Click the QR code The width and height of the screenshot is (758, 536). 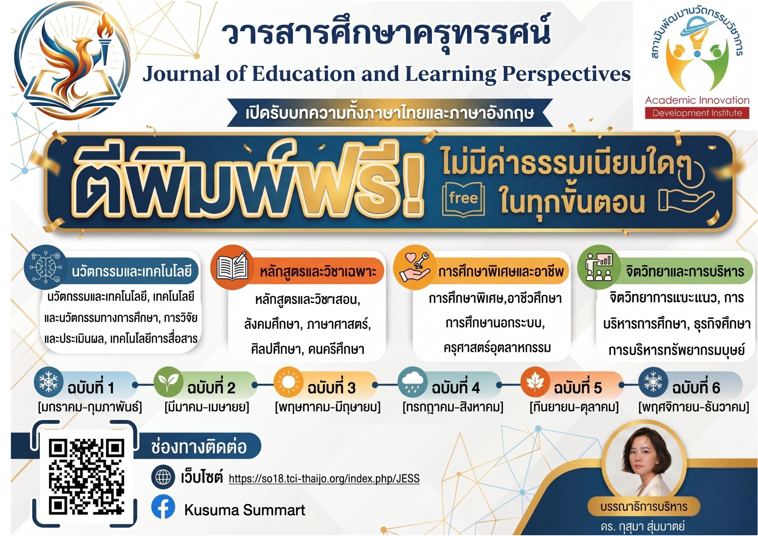[x=86, y=476]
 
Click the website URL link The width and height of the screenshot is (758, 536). [x=324, y=479]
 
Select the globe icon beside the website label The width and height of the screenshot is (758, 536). [x=163, y=477]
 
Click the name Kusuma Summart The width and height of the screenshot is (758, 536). [x=244, y=510]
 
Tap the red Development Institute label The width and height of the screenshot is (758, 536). [x=697, y=113]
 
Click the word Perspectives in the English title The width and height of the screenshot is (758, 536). [x=566, y=74]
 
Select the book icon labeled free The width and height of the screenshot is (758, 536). [x=463, y=199]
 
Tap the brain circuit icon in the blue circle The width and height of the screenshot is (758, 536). [x=46, y=267]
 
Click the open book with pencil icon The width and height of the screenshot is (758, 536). [x=232, y=267]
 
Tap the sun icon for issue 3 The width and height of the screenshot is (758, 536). [x=288, y=382]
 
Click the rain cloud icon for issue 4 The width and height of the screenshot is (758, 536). [x=412, y=382]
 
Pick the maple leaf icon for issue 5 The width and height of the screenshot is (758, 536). [x=535, y=382]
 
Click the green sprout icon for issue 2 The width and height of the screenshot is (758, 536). [x=169, y=382]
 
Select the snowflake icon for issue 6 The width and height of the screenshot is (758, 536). [x=653, y=382]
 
